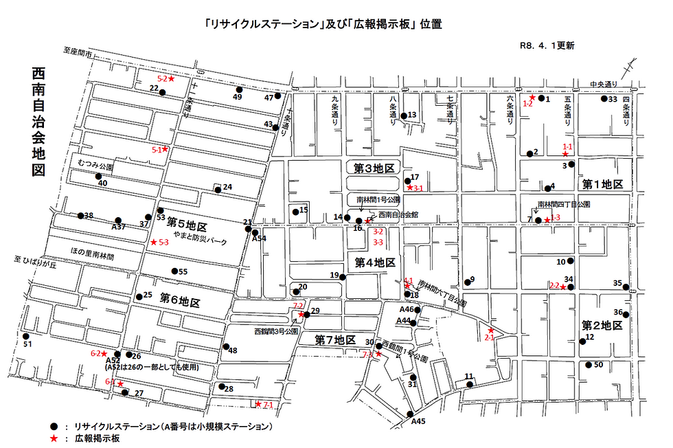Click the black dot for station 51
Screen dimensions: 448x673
pyautogui.click(x=26, y=337)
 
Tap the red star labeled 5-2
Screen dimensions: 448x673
pyautogui.click(x=172, y=79)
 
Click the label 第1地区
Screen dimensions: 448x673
pyautogui.click(x=602, y=185)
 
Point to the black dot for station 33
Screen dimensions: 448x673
pyautogui.click(x=603, y=99)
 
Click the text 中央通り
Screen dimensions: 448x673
pyautogui.click(x=604, y=85)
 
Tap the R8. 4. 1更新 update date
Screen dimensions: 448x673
pyautogui.click(x=547, y=45)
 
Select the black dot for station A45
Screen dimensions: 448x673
pyautogui.click(x=411, y=414)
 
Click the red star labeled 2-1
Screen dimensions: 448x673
pyautogui.click(x=490, y=331)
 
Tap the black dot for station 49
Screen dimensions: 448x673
pyautogui.click(x=239, y=90)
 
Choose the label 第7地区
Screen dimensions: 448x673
pyautogui.click(x=336, y=340)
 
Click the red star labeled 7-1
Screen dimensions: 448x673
pyautogui.click(x=258, y=404)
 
